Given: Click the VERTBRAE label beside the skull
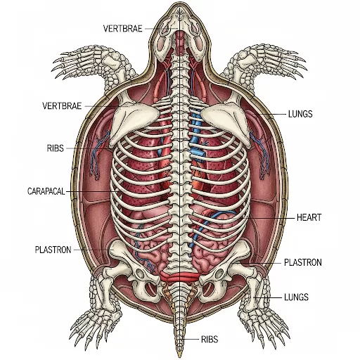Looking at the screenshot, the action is click(x=122, y=29).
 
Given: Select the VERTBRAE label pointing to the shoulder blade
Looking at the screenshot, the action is click(x=62, y=106).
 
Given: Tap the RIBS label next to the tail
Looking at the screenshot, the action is click(x=210, y=340).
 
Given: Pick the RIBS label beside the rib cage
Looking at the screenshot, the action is click(x=56, y=148).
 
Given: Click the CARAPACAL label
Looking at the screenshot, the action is click(x=46, y=191).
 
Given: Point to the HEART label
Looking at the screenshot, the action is click(x=309, y=217).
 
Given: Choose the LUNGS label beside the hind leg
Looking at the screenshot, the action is click(x=296, y=297).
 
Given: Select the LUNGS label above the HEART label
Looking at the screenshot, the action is click(x=300, y=114).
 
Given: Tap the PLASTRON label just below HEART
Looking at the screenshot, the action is click(x=303, y=262).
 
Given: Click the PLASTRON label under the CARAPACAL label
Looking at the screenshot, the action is click(x=53, y=250).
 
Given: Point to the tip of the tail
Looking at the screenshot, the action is click(x=180, y=356).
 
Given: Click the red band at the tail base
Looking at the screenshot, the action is click(x=180, y=277).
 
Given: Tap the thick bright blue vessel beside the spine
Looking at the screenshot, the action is click(x=196, y=136).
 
